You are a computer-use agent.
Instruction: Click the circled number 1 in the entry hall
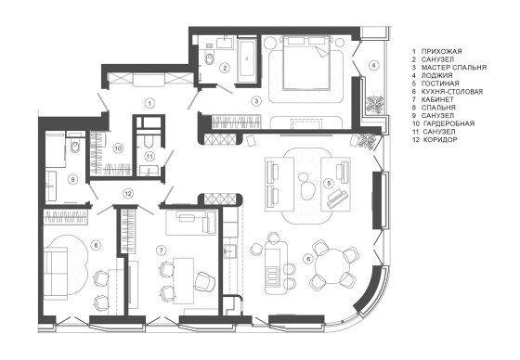[x=149, y=103]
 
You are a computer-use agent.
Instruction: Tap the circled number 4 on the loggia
[x=373, y=65]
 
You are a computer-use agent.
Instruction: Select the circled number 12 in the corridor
[x=128, y=194]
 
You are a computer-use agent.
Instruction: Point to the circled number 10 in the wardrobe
[x=118, y=148]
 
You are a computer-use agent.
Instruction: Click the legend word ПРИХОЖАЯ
[x=441, y=51]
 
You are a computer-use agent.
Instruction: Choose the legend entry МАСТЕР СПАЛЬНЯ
[x=454, y=68]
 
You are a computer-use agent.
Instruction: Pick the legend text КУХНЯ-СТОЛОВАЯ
[x=452, y=92]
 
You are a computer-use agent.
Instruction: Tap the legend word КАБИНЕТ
[x=437, y=99]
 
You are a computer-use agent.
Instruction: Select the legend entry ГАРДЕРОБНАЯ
[x=448, y=123]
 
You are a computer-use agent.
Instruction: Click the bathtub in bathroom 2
[x=247, y=60]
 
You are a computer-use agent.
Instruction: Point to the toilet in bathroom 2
[x=209, y=58]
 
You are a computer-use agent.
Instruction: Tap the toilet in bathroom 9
[x=75, y=145]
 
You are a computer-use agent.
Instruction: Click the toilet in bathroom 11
[x=148, y=140]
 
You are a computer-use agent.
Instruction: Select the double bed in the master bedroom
[x=305, y=63]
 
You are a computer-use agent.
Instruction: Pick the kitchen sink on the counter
[x=229, y=251]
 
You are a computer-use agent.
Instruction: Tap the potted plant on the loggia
[x=375, y=105]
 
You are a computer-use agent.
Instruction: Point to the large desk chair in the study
[x=204, y=281]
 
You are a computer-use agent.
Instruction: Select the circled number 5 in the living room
[x=329, y=183]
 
